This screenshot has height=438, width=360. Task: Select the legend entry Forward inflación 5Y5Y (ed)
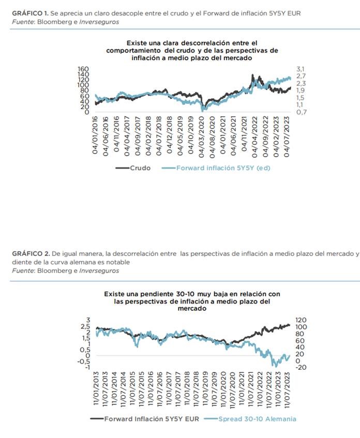tap(223, 168)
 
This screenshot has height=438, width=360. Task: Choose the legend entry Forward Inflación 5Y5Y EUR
tap(152, 419)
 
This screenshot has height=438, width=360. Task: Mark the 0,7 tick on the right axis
tap(302, 112)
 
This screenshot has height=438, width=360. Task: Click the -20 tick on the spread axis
tap(303, 367)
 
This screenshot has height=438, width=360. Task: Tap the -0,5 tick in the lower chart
tap(84, 361)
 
